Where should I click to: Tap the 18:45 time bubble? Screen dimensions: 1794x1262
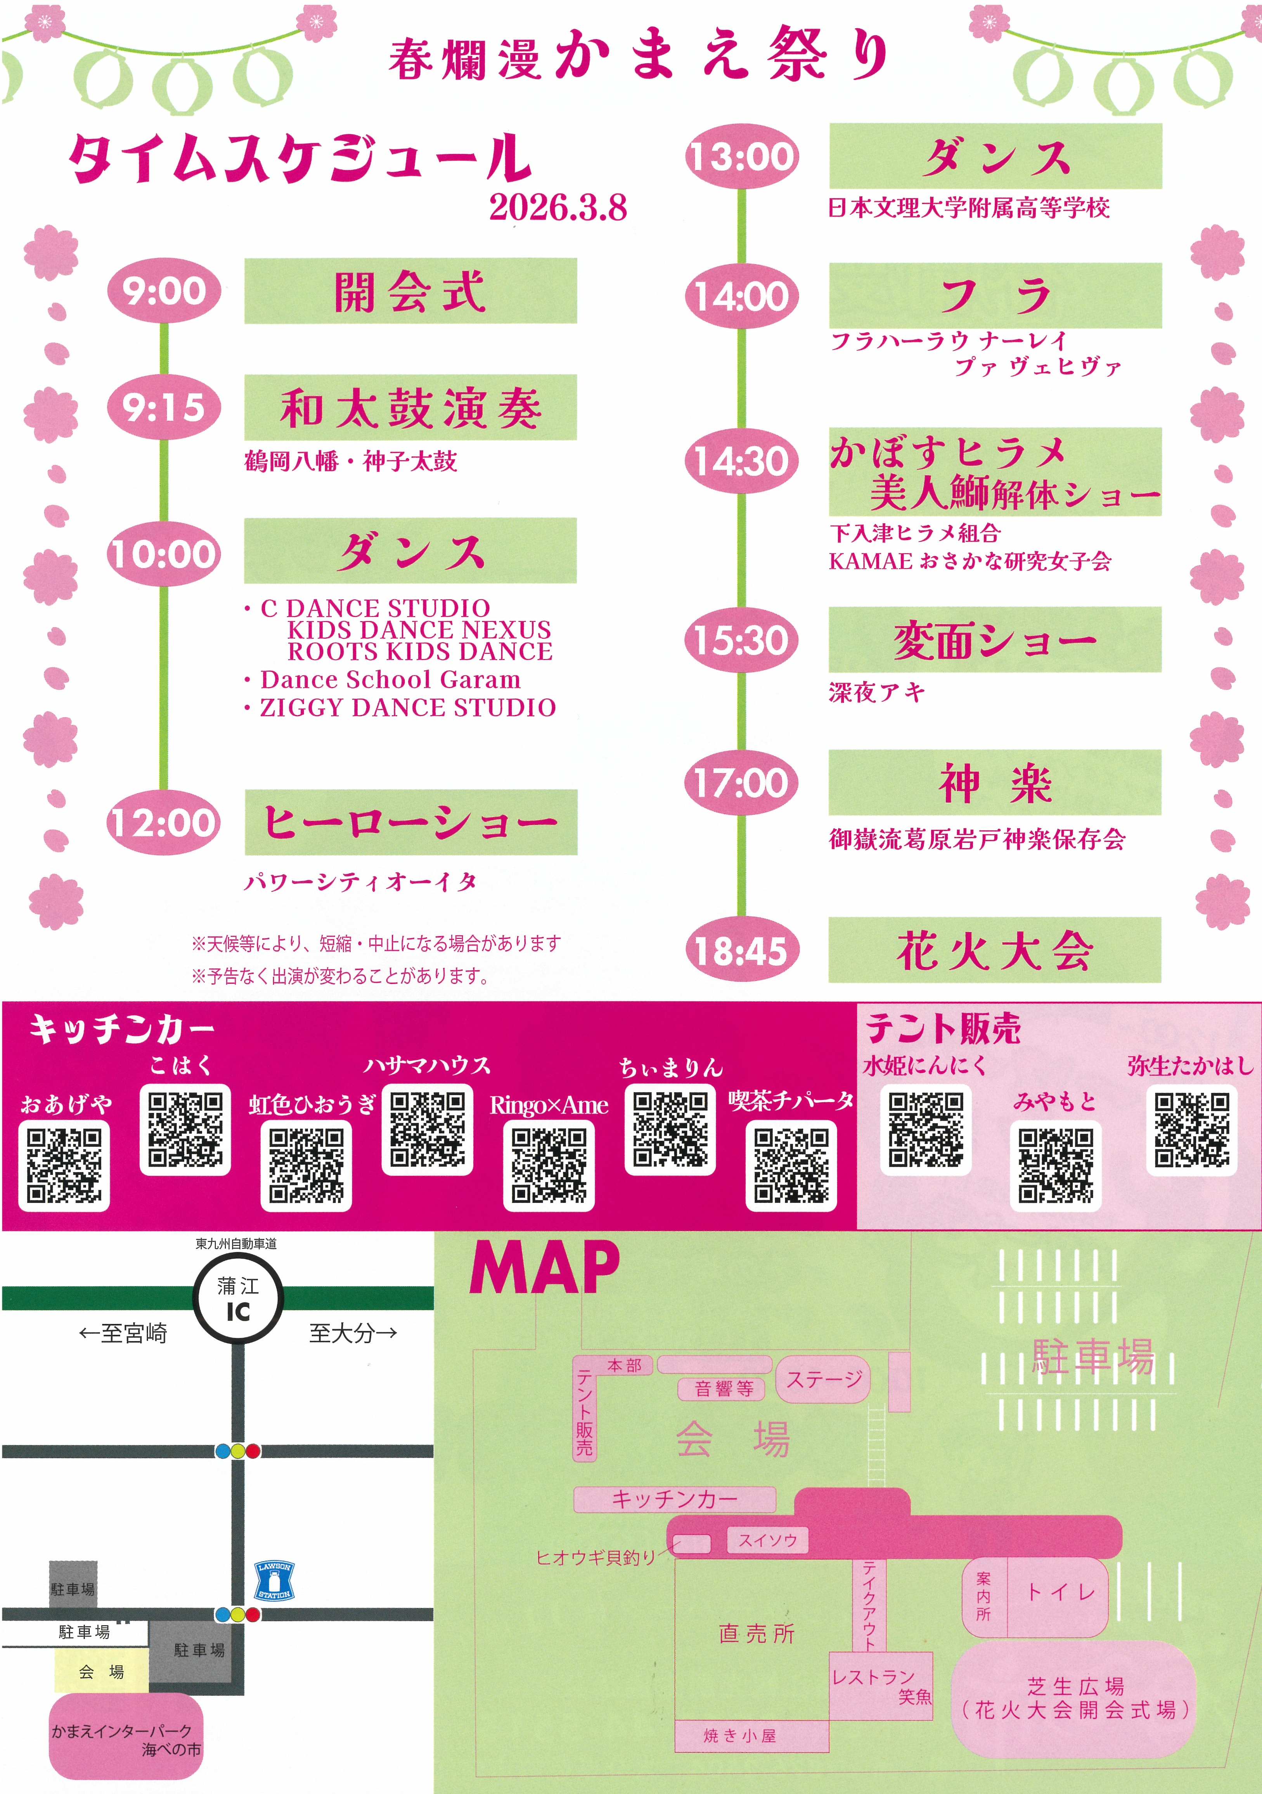pyautogui.click(x=741, y=950)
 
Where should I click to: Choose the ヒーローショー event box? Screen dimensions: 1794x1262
pyautogui.click(x=410, y=822)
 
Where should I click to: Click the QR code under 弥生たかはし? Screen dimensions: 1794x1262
pyautogui.click(x=1192, y=1129)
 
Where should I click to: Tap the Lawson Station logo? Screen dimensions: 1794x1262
pyautogui.click(x=274, y=1580)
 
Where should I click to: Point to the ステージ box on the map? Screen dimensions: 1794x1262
pyautogui.click(x=823, y=1379)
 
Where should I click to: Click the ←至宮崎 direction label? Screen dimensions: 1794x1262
pyautogui.click(x=123, y=1333)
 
